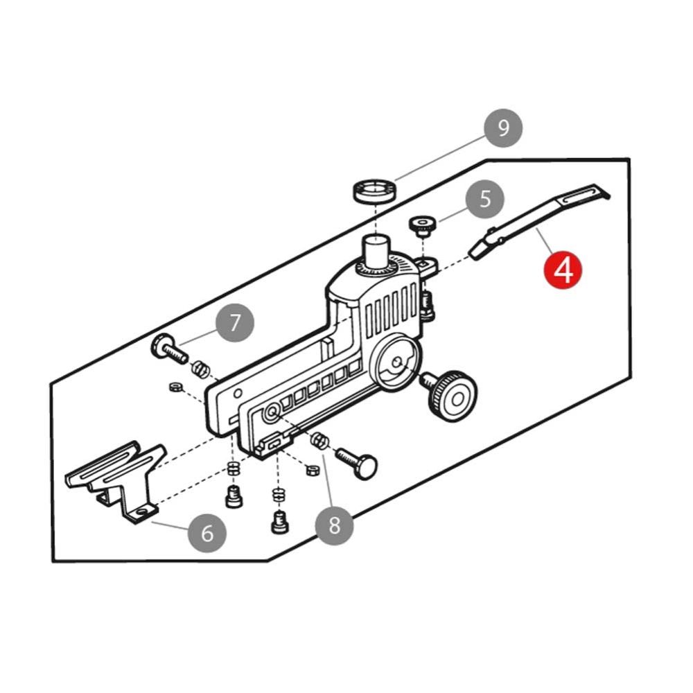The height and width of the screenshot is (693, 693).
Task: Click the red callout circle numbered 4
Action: (x=563, y=270)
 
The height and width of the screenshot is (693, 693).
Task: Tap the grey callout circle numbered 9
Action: (x=503, y=128)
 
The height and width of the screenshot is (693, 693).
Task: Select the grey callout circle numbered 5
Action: (x=485, y=199)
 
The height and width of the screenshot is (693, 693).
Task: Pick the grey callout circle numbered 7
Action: (x=235, y=323)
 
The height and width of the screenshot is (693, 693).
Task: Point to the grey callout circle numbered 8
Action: (x=334, y=525)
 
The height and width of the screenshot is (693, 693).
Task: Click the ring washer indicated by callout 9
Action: (x=374, y=191)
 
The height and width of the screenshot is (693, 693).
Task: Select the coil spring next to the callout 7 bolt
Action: (x=200, y=369)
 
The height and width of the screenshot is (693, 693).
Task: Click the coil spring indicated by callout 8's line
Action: (x=319, y=441)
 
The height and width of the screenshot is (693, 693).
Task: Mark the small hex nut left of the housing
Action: (x=176, y=387)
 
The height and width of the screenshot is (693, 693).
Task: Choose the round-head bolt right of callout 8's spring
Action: (x=357, y=462)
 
